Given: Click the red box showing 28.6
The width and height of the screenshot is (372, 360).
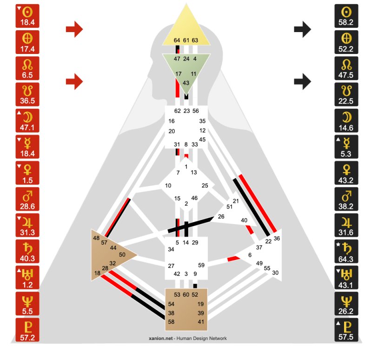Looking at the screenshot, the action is click(27, 199).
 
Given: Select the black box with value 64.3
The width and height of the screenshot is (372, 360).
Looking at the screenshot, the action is click(346, 251).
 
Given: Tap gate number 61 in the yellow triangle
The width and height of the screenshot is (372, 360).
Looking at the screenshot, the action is click(186, 40).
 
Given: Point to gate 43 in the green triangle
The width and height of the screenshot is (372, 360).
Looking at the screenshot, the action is click(186, 83).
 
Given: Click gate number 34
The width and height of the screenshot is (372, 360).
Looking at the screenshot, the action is click(171, 249).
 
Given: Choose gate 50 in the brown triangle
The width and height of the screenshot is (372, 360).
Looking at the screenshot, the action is click(122, 254).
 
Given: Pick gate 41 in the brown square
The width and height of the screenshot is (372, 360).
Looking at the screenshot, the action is click(201, 322).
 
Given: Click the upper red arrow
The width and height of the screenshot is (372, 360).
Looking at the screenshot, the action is click(74, 29).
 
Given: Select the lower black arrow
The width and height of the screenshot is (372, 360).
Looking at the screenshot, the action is click(303, 81).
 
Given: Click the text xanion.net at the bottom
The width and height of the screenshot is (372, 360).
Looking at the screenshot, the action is click(161, 339).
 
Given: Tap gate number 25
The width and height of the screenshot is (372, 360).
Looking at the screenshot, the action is click(205, 186).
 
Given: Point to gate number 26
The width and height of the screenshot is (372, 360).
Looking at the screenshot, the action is click(221, 216).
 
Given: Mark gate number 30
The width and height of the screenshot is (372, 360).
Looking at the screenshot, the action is click(275, 273).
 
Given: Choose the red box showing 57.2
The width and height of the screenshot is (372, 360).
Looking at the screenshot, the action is click(27, 330).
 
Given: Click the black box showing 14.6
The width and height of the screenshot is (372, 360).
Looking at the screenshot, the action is click(346, 120).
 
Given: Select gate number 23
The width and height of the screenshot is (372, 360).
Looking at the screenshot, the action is click(187, 111).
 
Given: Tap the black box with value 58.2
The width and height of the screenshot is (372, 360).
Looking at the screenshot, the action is click(346, 16).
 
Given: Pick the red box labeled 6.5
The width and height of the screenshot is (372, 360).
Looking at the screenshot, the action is click(27, 68).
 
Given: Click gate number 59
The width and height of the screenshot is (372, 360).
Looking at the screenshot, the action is click(201, 265).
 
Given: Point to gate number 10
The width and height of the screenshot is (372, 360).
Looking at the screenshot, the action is click(168, 186).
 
